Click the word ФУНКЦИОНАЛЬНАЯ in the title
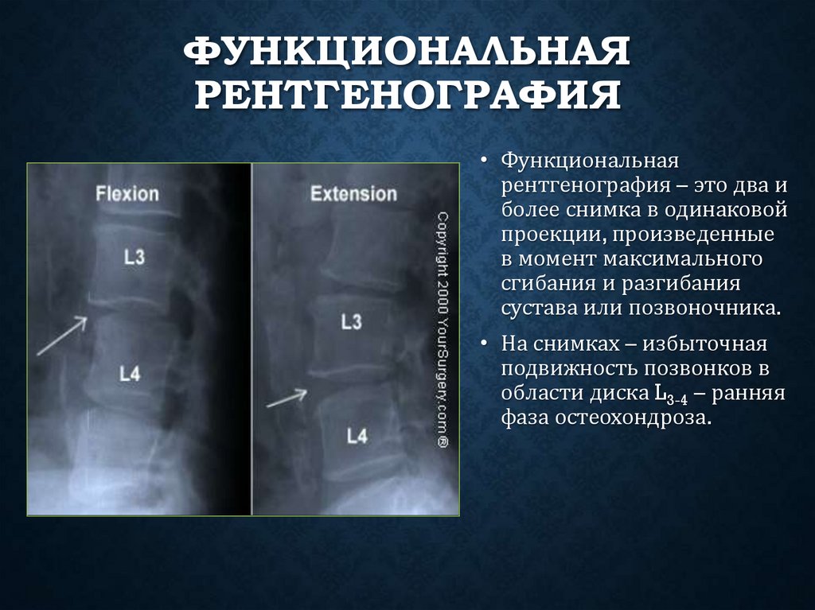pyautogui.click(x=407, y=53)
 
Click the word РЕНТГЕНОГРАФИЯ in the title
pyautogui.click(x=407, y=94)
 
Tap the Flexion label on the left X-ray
pyautogui.click(x=127, y=193)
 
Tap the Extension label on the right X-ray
pyautogui.click(x=353, y=193)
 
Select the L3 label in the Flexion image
pyautogui.click(x=135, y=257)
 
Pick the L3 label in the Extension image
pyautogui.click(x=351, y=322)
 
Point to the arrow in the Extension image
pyautogui.click(x=287, y=397)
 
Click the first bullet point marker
pyautogui.click(x=484, y=162)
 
